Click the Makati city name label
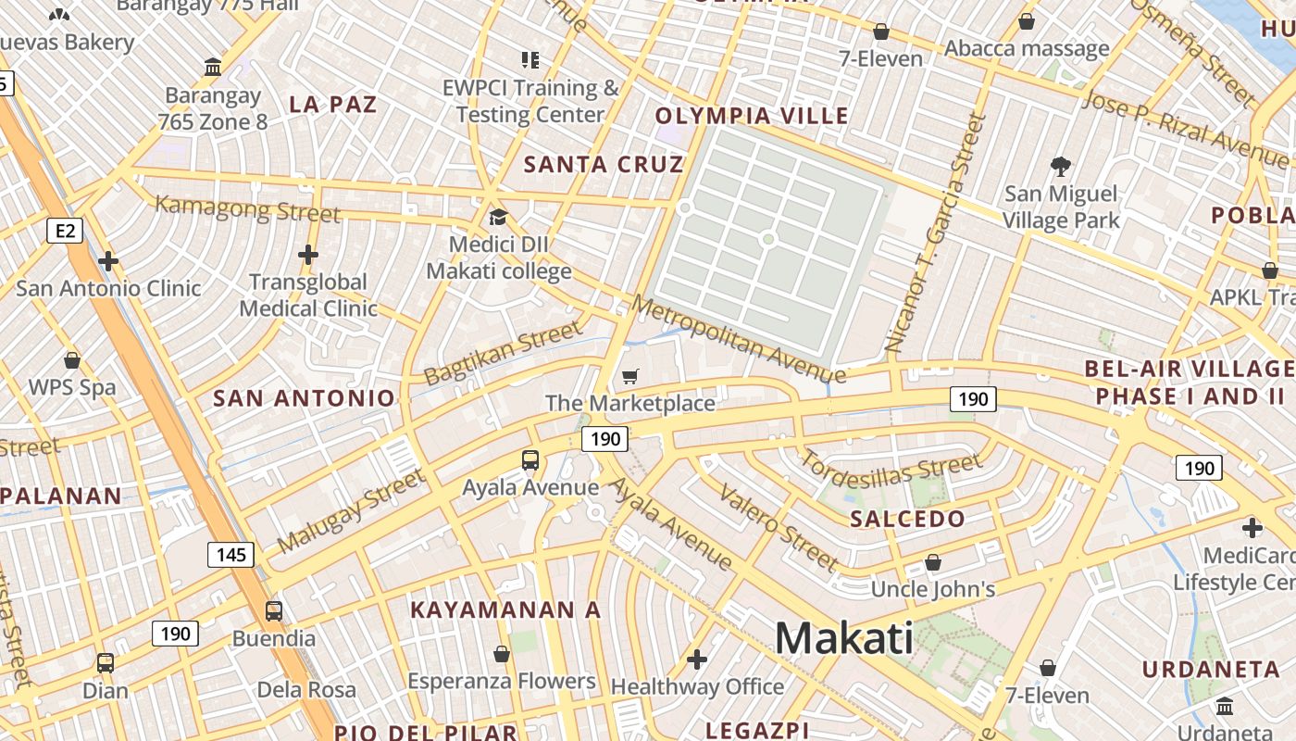[843, 638]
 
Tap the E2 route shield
[64, 230]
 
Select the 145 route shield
[231, 555]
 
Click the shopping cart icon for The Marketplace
[630, 376]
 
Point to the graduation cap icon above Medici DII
[498, 218]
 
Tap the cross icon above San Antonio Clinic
[108, 261]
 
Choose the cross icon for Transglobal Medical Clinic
[308, 255]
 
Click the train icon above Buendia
[274, 611]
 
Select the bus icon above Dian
[106, 663]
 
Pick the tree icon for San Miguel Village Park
[1061, 167]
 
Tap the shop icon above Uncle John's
[933, 562]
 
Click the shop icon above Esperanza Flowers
[502, 655]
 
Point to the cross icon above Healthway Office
[697, 659]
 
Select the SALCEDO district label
[907, 519]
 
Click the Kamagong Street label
[247, 208]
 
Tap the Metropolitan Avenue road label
[739, 339]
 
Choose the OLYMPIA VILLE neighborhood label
[752, 116]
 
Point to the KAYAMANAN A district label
[505, 610]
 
